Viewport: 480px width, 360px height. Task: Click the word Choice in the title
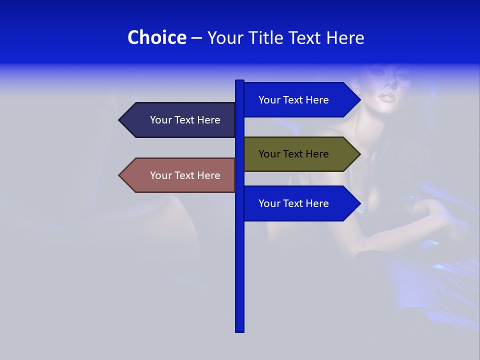[x=156, y=37]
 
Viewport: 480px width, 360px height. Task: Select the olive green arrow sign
[x=300, y=154]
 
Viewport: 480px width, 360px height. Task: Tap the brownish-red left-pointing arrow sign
[x=180, y=175]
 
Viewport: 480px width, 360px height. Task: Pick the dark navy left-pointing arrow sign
[x=180, y=120]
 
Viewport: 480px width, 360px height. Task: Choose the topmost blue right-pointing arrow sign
[x=300, y=99]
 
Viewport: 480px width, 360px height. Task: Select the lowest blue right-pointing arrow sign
[x=300, y=203]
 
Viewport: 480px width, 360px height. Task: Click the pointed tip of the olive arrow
[x=359, y=154]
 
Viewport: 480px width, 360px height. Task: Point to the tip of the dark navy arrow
[x=120, y=120]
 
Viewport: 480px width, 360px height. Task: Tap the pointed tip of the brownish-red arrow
[x=120, y=175]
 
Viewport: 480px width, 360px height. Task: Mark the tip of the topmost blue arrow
[x=359, y=99]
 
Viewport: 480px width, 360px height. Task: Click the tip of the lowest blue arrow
[x=359, y=203]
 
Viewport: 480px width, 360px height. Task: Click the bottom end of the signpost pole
[x=239, y=330]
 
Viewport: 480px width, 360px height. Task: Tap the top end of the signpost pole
[x=239, y=81]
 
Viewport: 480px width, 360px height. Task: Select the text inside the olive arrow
[x=293, y=154]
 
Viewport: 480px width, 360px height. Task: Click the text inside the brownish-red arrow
[x=185, y=175]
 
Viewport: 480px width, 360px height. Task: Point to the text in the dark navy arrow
[x=185, y=120]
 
